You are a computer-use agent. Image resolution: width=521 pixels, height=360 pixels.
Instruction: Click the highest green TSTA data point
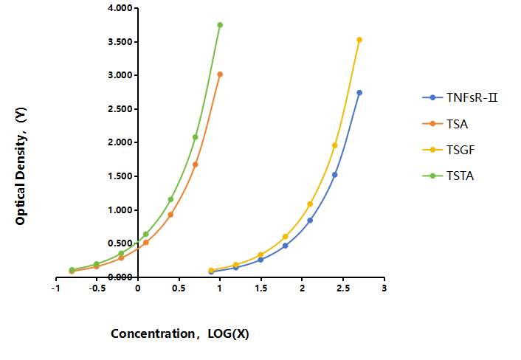pyautogui.click(x=220, y=25)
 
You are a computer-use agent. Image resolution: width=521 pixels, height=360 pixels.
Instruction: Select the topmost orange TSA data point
pyautogui.click(x=220, y=75)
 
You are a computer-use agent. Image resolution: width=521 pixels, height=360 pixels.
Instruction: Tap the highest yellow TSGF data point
pyautogui.click(x=359, y=40)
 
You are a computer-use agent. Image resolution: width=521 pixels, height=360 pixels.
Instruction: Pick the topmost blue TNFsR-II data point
pyautogui.click(x=359, y=93)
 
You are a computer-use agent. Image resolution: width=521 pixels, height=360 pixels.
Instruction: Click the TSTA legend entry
pyautogui.click(x=448, y=176)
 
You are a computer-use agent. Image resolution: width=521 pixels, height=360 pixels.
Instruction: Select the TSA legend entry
pyautogui.click(x=445, y=124)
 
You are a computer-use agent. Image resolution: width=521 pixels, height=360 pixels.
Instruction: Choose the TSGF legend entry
pyautogui.click(x=449, y=150)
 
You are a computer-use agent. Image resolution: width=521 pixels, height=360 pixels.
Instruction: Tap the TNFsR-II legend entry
pyautogui.click(x=460, y=97)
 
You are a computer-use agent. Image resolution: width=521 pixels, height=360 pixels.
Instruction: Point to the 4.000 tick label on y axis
pyautogui.click(x=120, y=8)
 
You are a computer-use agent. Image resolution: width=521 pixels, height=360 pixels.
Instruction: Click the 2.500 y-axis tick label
pyautogui.click(x=120, y=109)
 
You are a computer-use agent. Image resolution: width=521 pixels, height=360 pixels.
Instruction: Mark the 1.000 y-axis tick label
pyautogui.click(x=120, y=210)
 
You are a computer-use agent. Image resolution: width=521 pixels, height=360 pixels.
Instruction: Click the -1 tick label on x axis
pyautogui.click(x=56, y=288)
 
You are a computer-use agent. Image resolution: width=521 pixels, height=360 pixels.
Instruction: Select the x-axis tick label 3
pyautogui.click(x=384, y=288)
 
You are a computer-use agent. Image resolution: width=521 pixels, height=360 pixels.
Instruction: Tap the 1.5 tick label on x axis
pyautogui.click(x=261, y=288)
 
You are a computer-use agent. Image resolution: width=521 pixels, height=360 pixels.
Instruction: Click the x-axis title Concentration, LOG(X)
pyautogui.click(x=180, y=333)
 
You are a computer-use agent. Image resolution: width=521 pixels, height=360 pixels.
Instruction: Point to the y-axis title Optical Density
pyautogui.click(x=21, y=166)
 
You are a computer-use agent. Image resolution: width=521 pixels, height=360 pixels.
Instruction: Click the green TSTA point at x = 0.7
pyautogui.click(x=195, y=137)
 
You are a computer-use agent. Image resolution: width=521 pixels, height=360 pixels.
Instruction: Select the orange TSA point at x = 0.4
pyautogui.click(x=170, y=215)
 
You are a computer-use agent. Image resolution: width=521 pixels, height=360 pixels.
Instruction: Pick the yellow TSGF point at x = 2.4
pyautogui.click(x=334, y=145)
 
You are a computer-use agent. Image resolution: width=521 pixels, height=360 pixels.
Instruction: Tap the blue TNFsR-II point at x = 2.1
pyautogui.click(x=310, y=220)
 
